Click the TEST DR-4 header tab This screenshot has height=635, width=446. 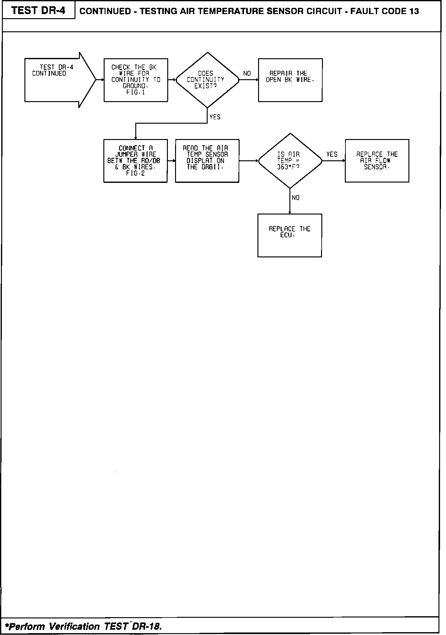(x=39, y=10)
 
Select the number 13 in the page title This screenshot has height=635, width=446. (x=414, y=12)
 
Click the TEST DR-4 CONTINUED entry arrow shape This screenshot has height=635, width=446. (x=56, y=80)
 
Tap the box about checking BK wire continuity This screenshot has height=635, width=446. (x=136, y=80)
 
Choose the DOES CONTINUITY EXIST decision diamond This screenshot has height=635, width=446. (x=207, y=80)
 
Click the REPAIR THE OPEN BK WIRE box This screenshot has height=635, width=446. (x=290, y=80)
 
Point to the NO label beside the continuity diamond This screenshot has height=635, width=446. (x=247, y=74)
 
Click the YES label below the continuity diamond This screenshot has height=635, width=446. (x=215, y=117)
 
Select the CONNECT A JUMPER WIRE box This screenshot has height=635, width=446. (x=135, y=161)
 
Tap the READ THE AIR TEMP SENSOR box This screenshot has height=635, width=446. (x=207, y=161)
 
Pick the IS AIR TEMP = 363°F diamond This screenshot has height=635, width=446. (x=290, y=161)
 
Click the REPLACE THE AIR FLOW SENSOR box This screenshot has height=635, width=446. (x=377, y=161)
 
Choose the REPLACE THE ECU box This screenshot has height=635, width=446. (x=289, y=235)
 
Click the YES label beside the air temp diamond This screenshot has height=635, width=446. (x=332, y=154)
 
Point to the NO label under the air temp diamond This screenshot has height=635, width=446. (x=295, y=198)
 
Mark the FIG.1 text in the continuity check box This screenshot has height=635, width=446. (x=136, y=93)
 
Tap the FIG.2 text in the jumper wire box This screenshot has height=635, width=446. (x=135, y=173)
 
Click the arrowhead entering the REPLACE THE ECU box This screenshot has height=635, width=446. (x=290, y=212)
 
